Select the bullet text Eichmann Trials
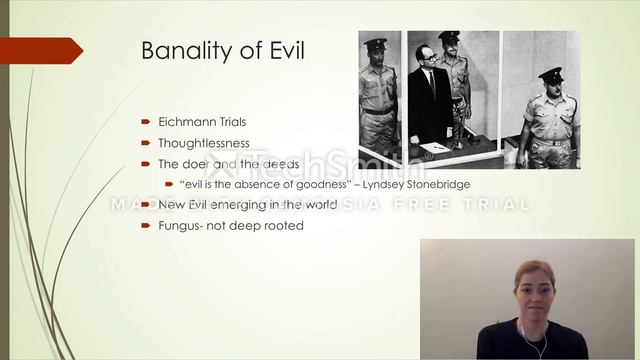pos(201,122)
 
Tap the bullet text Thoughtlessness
pos(204,143)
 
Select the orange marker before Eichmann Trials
pos(146,122)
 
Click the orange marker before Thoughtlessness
pos(146,143)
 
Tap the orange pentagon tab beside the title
pos(40,50)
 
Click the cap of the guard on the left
pos(376,45)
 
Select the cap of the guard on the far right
pos(550,74)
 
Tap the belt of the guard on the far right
pos(550,139)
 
